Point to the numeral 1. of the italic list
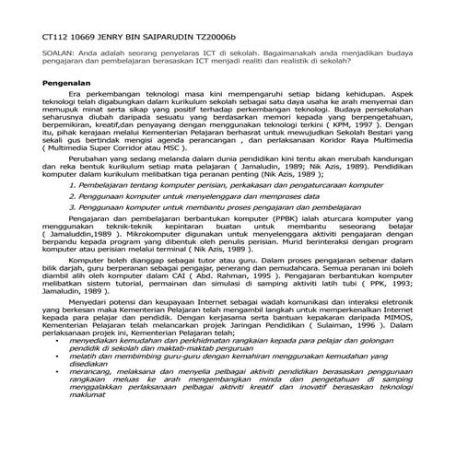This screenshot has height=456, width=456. (73, 210)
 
